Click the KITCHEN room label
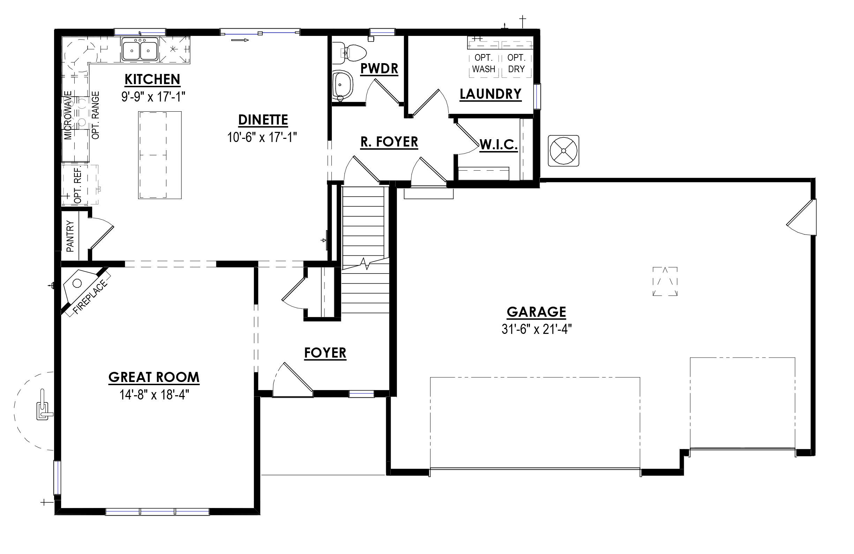(x=152, y=79)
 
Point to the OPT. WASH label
(x=483, y=63)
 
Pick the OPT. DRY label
(x=516, y=63)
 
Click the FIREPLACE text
(x=90, y=298)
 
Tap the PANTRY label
(x=70, y=236)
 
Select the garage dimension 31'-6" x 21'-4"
(x=536, y=329)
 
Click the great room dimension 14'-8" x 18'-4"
(x=154, y=395)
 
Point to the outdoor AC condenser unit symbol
(x=563, y=151)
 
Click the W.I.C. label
(x=499, y=145)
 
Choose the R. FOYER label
(x=389, y=142)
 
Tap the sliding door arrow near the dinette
(x=240, y=40)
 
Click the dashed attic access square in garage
(x=665, y=281)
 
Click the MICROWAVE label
(x=68, y=115)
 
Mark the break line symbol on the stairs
(x=365, y=264)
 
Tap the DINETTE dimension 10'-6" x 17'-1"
(x=262, y=137)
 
